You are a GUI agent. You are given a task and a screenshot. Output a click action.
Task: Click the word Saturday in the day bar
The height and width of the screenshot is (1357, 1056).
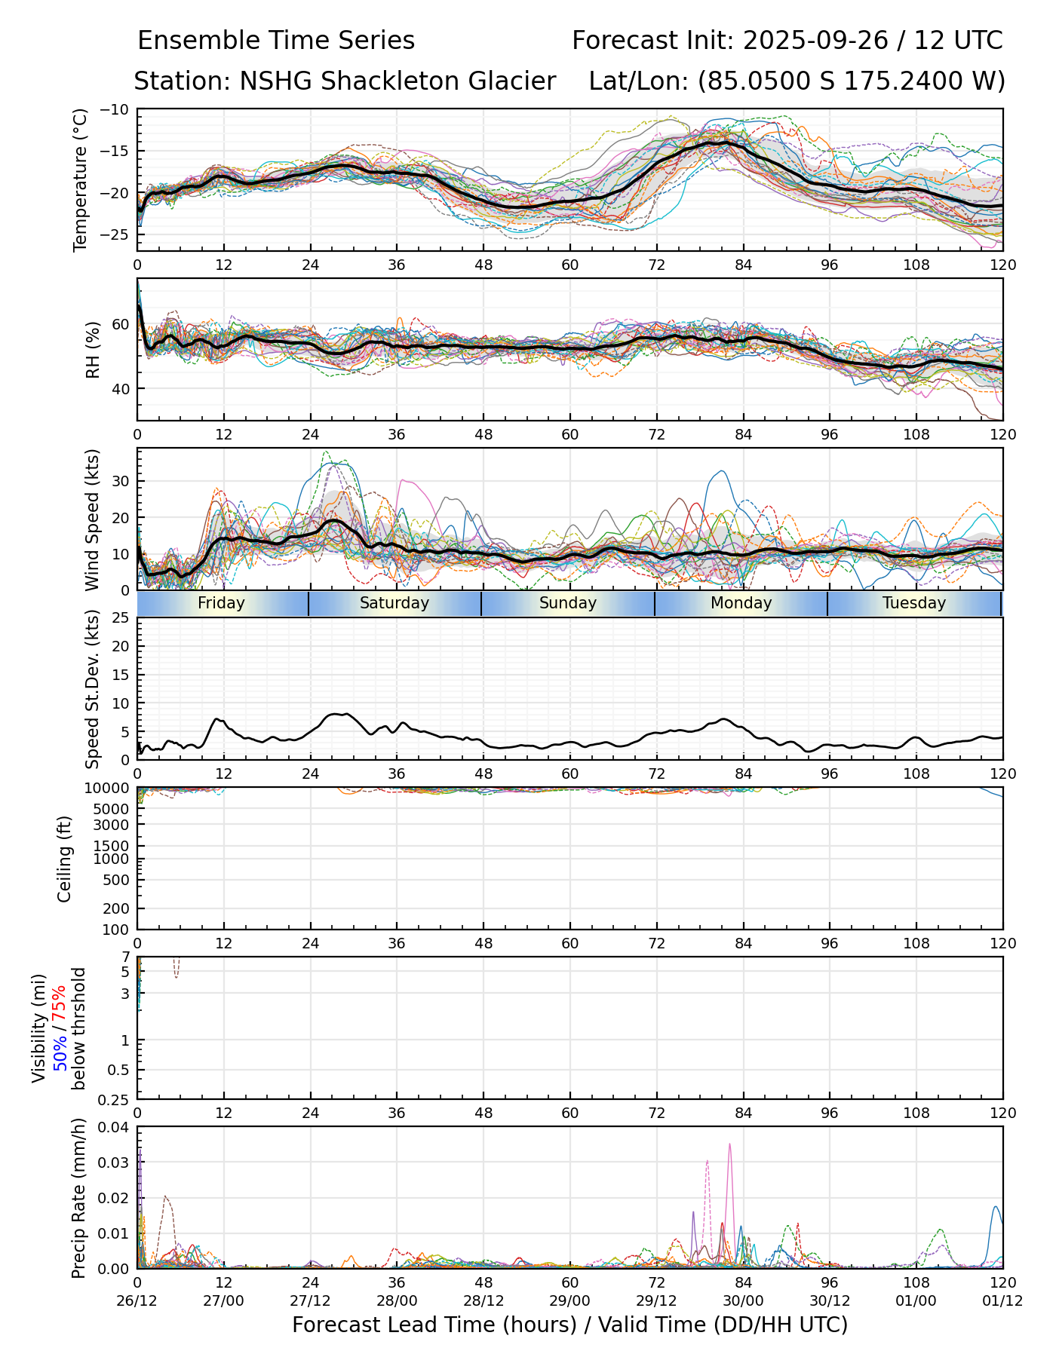(394, 603)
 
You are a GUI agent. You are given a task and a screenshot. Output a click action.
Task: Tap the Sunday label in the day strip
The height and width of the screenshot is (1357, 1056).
(568, 603)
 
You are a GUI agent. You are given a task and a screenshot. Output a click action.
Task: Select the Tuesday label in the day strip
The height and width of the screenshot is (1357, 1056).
(913, 603)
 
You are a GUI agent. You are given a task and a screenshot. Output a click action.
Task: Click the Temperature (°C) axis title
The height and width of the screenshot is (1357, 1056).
(81, 179)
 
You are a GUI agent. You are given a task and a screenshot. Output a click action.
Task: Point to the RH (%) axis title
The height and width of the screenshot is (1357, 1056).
(93, 350)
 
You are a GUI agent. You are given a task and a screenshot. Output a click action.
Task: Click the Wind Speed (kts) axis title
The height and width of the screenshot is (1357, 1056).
(92, 519)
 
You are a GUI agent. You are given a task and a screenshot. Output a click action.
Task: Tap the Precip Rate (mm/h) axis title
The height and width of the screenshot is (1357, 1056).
(78, 1198)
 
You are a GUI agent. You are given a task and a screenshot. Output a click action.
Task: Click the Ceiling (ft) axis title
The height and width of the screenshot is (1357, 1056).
(65, 859)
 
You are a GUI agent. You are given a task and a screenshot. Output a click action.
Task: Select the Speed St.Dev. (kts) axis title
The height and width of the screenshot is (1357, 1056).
(92, 689)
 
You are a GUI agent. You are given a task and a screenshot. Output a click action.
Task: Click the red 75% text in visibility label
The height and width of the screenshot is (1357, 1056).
(60, 1002)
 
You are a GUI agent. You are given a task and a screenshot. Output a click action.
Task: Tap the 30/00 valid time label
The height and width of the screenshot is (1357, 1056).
(743, 1300)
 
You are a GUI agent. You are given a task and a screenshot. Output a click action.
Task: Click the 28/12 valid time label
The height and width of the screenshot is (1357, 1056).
(483, 1300)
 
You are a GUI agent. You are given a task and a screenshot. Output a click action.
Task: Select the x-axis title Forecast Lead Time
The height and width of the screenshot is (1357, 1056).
(569, 1325)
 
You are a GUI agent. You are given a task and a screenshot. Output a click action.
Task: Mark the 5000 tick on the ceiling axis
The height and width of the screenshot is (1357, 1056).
(114, 809)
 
